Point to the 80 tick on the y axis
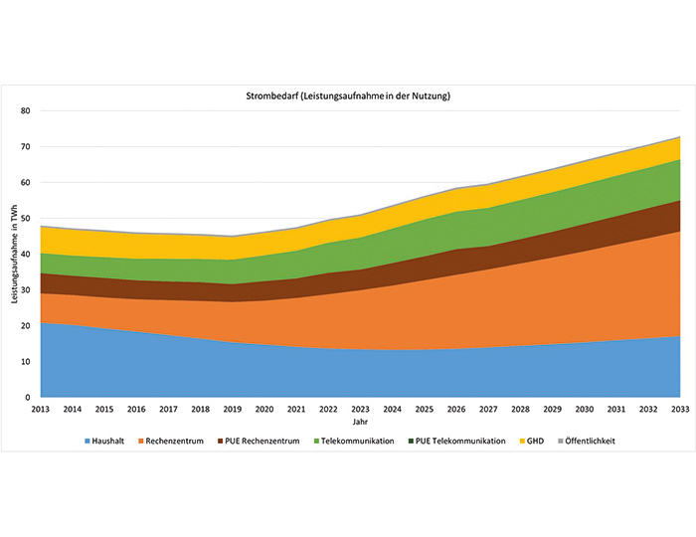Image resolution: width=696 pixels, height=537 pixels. click(x=28, y=111)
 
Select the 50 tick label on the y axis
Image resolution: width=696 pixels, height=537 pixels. click(x=28, y=219)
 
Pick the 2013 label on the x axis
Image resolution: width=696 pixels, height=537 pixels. click(x=41, y=409)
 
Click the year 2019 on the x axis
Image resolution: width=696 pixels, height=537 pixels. click(x=232, y=409)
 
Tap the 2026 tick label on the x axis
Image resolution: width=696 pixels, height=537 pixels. click(x=455, y=409)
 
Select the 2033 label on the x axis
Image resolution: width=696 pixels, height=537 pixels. click(x=678, y=409)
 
